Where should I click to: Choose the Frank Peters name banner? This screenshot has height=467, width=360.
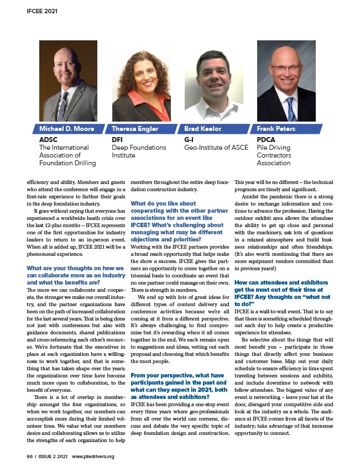pyautogui.click(x=276, y=129)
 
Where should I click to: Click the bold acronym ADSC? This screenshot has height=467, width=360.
pyautogui.click(x=48, y=140)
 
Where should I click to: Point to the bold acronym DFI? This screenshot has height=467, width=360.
pyautogui.click(x=117, y=140)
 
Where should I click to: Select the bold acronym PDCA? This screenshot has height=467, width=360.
pyautogui.click(x=267, y=140)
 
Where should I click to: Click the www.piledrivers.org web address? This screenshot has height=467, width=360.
pyautogui.click(x=93, y=456)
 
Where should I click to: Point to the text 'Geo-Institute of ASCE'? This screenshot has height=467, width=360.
pyautogui.click(x=216, y=148)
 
